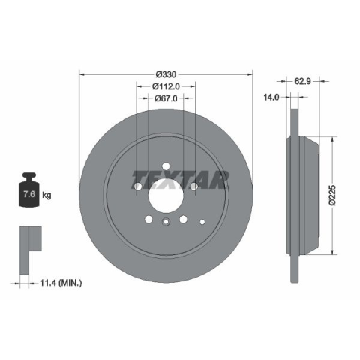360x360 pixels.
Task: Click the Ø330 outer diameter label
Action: (x=166, y=74)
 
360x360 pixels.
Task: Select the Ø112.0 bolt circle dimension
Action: (x=166, y=86)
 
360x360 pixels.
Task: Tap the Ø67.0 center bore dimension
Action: (x=166, y=98)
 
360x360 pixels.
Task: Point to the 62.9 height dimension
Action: (x=302, y=81)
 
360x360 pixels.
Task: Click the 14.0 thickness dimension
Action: (x=271, y=97)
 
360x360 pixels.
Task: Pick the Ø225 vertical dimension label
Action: (x=333, y=196)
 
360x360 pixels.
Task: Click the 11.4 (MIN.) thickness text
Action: (x=61, y=283)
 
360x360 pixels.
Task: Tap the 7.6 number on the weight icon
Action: (x=29, y=194)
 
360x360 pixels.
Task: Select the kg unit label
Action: (x=46, y=195)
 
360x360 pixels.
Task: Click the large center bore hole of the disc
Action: (x=166, y=196)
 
